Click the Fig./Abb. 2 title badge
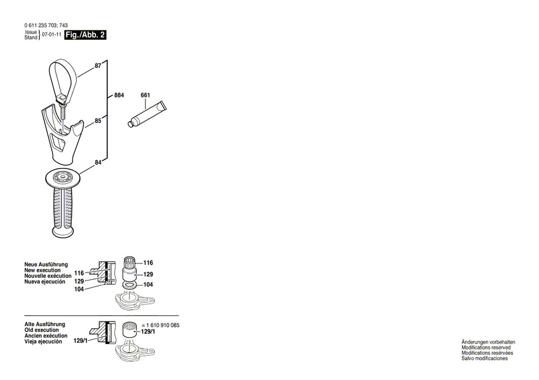click(85, 35)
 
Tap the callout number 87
click(98, 66)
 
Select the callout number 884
click(119, 95)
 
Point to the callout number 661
click(146, 95)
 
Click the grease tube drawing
click(147, 114)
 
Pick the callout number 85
click(98, 121)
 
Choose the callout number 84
click(98, 163)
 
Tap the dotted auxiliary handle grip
click(63, 203)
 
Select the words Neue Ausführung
click(46, 265)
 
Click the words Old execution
click(42, 330)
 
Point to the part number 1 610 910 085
click(163, 325)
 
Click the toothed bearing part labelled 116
click(130, 264)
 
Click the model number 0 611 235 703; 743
click(46, 25)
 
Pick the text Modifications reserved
click(486, 347)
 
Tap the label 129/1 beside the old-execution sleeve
click(148, 332)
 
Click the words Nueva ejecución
click(45, 282)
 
